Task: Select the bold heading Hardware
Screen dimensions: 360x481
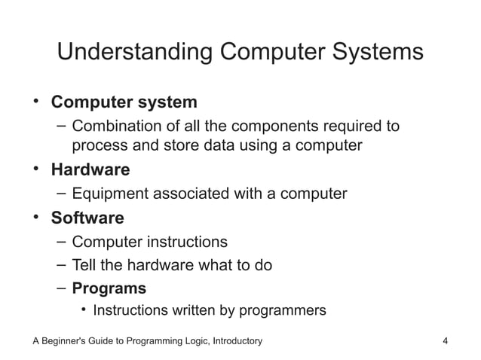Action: (x=90, y=169)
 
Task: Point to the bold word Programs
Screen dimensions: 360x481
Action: (x=109, y=288)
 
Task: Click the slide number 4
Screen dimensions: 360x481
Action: (x=446, y=341)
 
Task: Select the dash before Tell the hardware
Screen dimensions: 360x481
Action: (x=61, y=265)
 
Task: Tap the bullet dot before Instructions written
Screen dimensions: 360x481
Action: (x=85, y=310)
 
